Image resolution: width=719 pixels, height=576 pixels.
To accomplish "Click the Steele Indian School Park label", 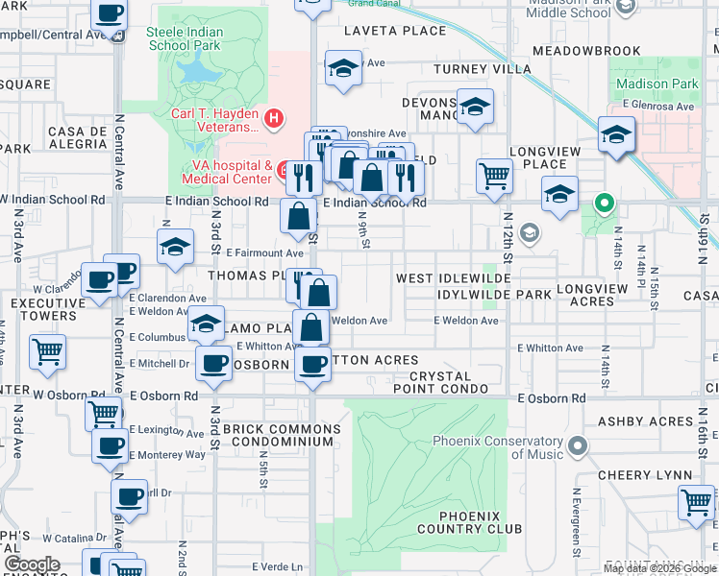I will click(197, 38).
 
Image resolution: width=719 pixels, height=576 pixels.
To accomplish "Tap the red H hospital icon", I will click(275, 119).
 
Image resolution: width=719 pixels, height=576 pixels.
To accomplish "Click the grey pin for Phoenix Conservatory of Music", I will click(577, 444).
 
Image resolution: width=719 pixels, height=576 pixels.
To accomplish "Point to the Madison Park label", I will click(657, 84).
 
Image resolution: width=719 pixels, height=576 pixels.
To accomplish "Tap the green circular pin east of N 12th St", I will click(604, 203).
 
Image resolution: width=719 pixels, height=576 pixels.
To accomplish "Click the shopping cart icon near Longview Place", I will click(494, 175).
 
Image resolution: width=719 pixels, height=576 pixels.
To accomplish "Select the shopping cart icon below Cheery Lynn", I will click(695, 501).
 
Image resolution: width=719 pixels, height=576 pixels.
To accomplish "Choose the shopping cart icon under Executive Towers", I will click(47, 351).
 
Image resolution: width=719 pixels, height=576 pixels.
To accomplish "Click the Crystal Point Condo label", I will click(445, 382).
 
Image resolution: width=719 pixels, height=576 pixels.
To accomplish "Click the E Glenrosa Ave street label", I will click(657, 105).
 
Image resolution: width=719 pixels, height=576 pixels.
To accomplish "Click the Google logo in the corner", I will click(32, 564).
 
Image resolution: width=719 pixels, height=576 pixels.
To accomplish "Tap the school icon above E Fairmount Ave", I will click(176, 248).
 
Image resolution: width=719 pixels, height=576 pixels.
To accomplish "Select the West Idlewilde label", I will click(445, 278).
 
